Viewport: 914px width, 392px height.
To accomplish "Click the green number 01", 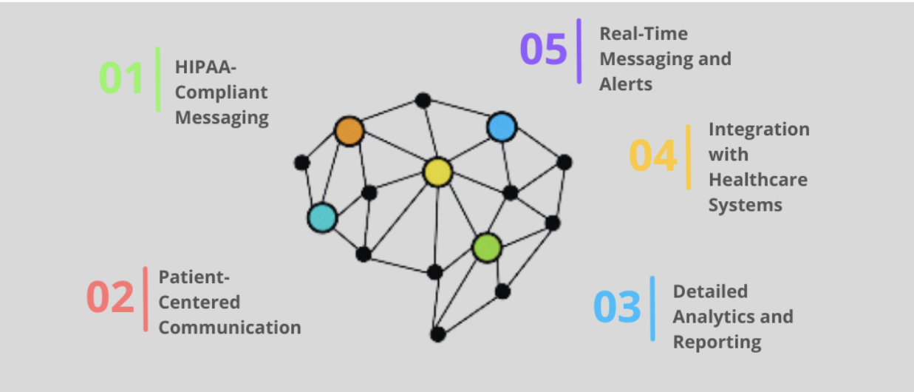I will (121, 78).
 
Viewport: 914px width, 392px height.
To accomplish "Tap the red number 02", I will (110, 298).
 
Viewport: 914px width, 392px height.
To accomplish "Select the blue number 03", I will (617, 308).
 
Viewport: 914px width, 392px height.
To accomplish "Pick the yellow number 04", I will (652, 156).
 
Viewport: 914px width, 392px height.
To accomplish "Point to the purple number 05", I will (543, 50).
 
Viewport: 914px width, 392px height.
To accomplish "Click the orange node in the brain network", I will (349, 131).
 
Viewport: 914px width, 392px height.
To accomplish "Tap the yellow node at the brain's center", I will (437, 172).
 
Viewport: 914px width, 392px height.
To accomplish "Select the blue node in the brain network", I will (501, 127).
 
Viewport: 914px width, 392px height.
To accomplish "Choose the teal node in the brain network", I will (322, 217).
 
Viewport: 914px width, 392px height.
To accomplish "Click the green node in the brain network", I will (487, 247).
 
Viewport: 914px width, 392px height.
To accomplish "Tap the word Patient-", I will (194, 277).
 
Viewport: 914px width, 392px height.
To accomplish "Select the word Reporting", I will (717, 342).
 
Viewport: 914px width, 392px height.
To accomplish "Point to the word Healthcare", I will (757, 180).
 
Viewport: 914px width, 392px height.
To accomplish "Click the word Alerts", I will (626, 84).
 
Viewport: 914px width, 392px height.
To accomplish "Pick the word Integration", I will (759, 129).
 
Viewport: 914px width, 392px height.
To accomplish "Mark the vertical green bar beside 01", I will (158, 79).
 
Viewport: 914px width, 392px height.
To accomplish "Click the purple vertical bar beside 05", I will (579, 51).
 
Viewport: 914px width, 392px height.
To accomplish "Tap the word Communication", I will (230, 328).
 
